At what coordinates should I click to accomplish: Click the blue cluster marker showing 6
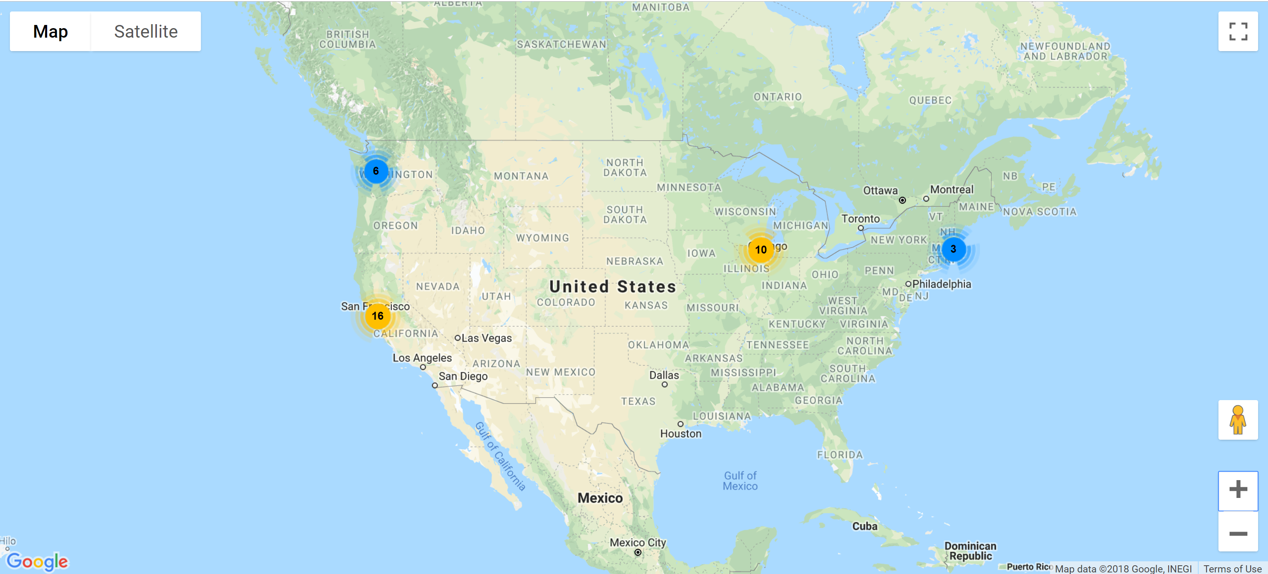376,171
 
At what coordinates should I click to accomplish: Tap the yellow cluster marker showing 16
378,316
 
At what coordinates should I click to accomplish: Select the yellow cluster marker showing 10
760,250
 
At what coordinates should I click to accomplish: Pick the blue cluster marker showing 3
953,249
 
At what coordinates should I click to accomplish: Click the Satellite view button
146,32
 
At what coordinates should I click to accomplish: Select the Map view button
50,32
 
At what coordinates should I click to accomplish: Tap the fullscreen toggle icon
1237,32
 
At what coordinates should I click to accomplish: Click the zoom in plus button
1237,489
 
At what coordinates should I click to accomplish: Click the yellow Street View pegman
1237,420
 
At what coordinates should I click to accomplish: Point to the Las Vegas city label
486,338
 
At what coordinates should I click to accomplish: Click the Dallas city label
664,376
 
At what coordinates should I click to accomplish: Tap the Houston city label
681,434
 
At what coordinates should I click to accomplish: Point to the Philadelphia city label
941,284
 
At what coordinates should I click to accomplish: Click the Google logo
37,561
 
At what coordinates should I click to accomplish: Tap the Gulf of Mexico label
740,481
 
